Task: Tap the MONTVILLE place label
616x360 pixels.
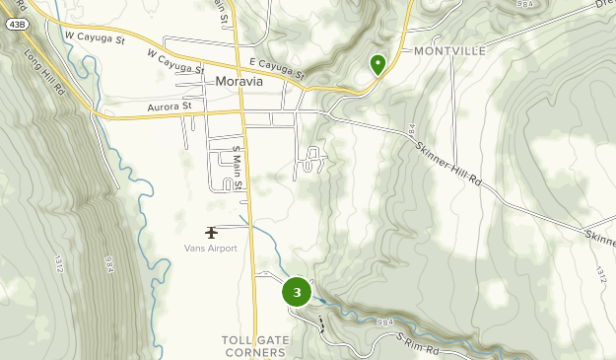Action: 450,50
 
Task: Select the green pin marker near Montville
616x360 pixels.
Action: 377,65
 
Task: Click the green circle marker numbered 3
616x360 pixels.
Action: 297,292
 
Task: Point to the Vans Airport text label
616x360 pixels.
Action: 210,248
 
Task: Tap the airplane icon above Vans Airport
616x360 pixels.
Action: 211,233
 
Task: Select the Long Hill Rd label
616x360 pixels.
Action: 43,72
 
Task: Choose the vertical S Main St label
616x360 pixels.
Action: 238,168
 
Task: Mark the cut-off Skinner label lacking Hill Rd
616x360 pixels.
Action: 599,238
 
